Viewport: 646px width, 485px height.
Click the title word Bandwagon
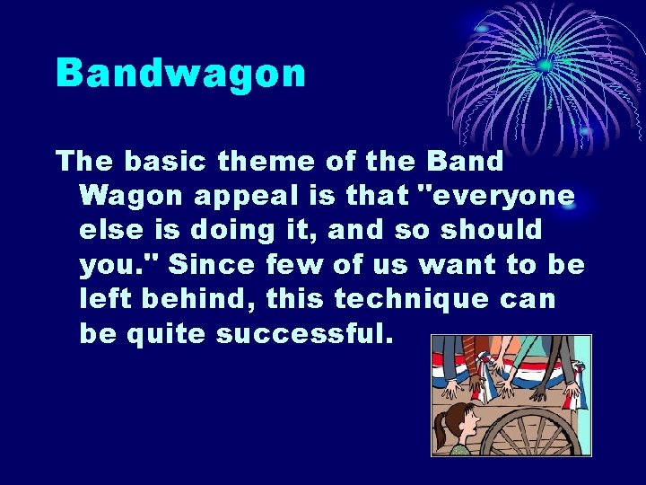[180, 73]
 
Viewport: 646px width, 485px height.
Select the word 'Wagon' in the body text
[130, 196]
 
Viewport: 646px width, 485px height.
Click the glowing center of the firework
[545, 65]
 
